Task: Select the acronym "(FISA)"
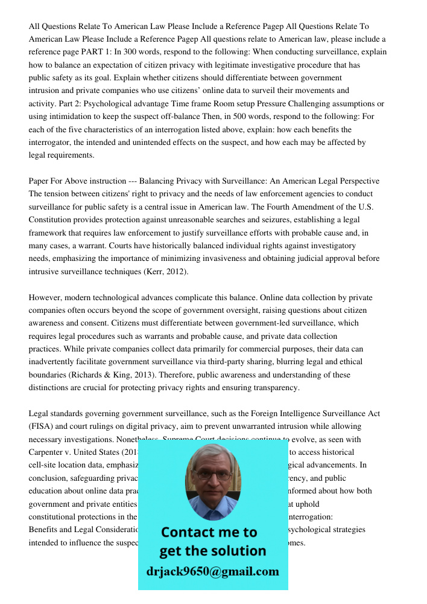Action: (42, 426)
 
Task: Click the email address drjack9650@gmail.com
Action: (213, 571)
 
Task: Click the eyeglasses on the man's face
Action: (212, 475)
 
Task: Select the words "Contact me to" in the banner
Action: (209, 532)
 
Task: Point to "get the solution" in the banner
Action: (212, 551)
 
